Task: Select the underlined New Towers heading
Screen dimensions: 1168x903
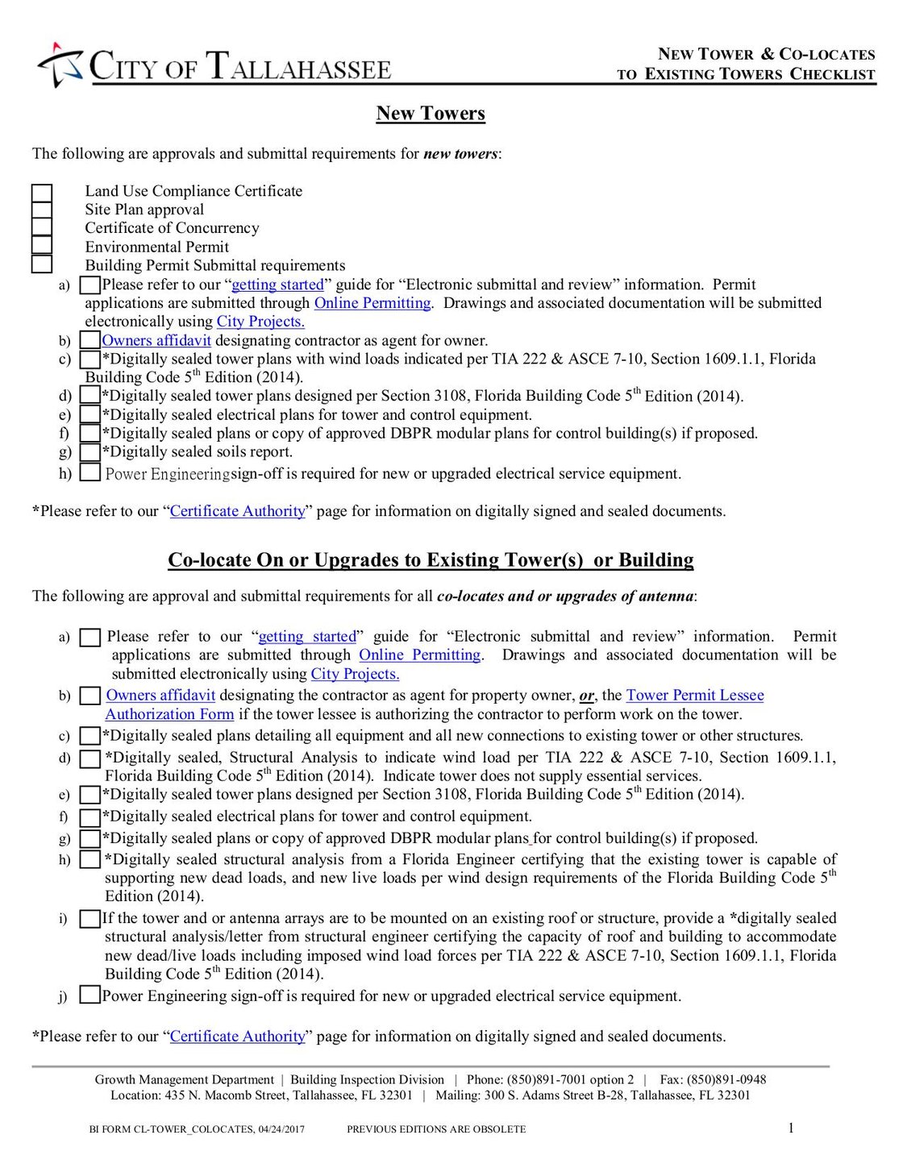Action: (431, 114)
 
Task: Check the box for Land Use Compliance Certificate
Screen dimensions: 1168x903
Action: (42, 193)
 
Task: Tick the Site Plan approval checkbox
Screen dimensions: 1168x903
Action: (42, 210)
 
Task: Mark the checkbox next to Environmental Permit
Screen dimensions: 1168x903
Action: (42, 246)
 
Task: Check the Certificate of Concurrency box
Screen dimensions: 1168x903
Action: (42, 228)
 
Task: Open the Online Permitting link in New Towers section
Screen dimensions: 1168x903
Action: (372, 303)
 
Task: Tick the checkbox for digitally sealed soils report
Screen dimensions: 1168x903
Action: (90, 452)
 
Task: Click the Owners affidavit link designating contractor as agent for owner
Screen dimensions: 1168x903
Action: (156, 341)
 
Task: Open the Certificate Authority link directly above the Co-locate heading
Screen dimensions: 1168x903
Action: (238, 512)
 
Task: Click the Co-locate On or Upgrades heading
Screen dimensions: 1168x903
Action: (431, 560)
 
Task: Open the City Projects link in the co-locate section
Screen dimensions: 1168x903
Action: (355, 675)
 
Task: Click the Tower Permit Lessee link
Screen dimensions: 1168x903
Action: (694, 696)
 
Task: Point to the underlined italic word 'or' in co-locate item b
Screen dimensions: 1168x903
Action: (586, 696)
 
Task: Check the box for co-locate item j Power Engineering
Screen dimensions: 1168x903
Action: (90, 996)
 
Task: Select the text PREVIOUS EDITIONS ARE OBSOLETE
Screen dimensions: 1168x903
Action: (436, 1129)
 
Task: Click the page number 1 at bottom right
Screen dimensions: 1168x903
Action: (790, 1128)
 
